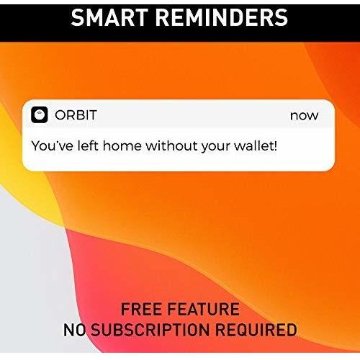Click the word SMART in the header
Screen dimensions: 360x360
(116, 17)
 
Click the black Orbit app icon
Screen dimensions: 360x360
(40, 115)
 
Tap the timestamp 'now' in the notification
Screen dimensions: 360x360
(304, 115)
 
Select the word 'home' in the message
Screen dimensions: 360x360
(122, 145)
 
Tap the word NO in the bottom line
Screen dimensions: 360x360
(75, 330)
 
